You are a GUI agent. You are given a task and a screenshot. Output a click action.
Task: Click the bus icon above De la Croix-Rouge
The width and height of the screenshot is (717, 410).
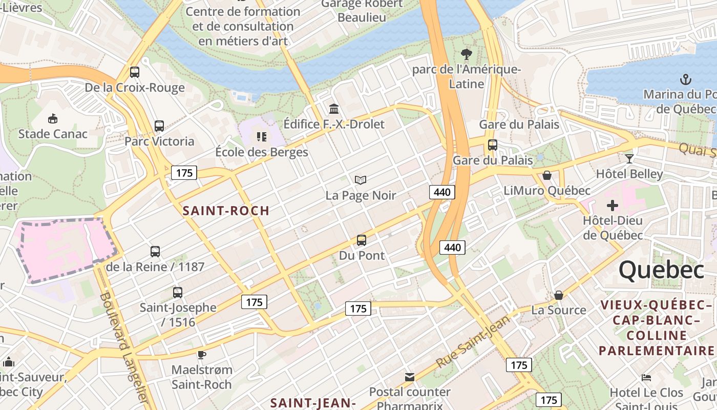click(135, 72)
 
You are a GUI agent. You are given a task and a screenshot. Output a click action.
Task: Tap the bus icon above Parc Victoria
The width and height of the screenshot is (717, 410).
click(159, 126)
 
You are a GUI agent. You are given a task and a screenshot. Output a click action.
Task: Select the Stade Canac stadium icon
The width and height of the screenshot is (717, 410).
click(53, 119)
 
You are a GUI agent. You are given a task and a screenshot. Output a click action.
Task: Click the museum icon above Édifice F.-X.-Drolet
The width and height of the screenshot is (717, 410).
click(334, 109)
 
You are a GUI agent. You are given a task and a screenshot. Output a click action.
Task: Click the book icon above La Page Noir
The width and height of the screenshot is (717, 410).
click(361, 180)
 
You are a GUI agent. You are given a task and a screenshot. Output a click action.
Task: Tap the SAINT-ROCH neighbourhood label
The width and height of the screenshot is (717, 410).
click(226, 211)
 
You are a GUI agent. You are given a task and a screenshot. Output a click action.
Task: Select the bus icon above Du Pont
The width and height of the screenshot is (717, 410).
click(362, 240)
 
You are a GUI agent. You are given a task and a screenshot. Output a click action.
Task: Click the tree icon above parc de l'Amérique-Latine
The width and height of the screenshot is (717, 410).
click(466, 54)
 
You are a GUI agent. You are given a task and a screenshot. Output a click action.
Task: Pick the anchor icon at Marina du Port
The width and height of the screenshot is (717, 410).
click(685, 79)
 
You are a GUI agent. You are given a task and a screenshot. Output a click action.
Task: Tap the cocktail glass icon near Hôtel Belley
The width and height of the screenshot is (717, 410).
click(629, 159)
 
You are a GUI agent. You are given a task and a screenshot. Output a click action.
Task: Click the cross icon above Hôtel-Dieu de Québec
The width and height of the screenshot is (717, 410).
click(613, 206)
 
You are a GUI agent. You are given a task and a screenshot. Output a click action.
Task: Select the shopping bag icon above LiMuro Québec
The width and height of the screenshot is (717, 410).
click(547, 176)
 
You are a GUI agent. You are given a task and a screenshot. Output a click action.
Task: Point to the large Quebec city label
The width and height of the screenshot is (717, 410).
click(661, 270)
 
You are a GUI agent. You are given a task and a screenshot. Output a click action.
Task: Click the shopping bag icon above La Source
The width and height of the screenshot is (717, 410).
click(559, 295)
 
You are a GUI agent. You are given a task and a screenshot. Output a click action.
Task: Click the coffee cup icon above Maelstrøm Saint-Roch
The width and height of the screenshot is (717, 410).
click(202, 355)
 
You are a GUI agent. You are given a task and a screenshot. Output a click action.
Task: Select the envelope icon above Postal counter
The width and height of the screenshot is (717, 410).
click(410, 377)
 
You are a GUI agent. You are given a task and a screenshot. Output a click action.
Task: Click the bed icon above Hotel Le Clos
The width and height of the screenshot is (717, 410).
click(646, 378)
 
